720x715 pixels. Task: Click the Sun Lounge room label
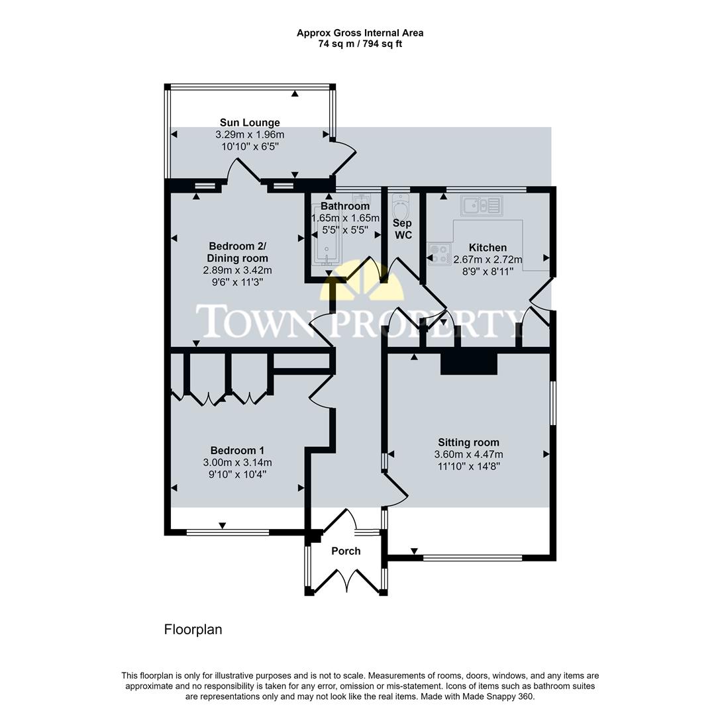pos(250,122)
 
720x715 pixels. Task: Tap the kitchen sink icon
pos(482,205)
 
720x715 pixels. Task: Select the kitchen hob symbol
pos(439,254)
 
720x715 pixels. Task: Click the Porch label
pos(346,551)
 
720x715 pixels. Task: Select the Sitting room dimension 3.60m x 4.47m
pos(468,454)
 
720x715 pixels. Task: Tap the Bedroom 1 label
pos(237,450)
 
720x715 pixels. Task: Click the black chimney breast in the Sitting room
pos(469,363)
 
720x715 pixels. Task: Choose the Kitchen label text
pos(488,248)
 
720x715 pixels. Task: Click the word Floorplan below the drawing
pos(193,630)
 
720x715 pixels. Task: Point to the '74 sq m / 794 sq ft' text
pos(360,44)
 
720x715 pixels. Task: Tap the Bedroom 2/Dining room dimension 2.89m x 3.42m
pos(237,270)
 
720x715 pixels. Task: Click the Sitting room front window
pos(472,558)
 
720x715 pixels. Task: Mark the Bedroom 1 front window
pos(227,532)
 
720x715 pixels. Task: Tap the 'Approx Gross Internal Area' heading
pos(360,32)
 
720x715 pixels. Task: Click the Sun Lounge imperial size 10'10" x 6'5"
pos(250,146)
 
